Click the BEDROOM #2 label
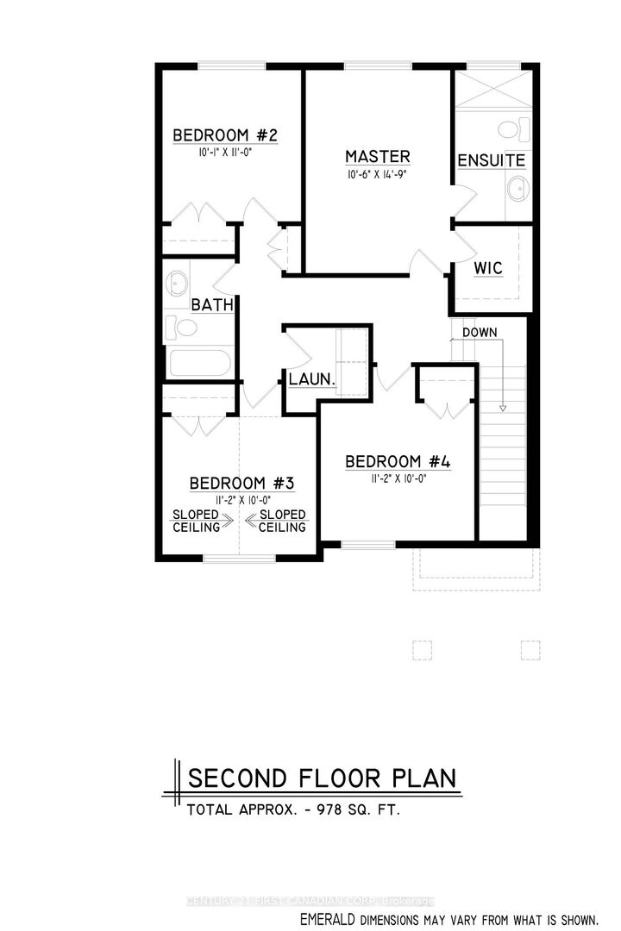click(x=224, y=135)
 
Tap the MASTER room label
click(x=377, y=157)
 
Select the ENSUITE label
click(x=491, y=161)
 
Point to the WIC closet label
click(x=488, y=267)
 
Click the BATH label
click(x=209, y=304)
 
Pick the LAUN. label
click(x=311, y=379)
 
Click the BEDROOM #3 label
click(x=242, y=483)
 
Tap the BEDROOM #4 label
click(x=398, y=462)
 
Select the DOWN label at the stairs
click(x=479, y=332)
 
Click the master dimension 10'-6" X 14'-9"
click(x=377, y=174)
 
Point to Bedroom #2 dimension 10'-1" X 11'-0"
click(x=223, y=152)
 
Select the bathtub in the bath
click(x=199, y=361)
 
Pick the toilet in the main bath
click(x=184, y=326)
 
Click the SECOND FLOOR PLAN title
click(x=323, y=778)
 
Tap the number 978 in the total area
click(x=329, y=810)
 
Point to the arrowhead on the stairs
click(x=503, y=407)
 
